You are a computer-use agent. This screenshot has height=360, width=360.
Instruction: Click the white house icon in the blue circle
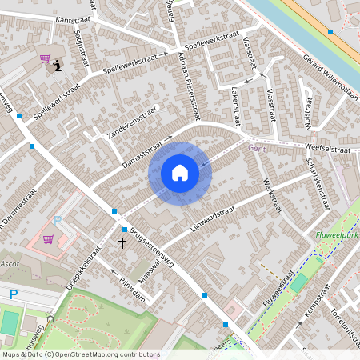(180, 173)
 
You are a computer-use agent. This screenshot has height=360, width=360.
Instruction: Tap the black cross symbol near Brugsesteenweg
(123, 241)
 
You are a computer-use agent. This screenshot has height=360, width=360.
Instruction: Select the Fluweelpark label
(337, 235)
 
